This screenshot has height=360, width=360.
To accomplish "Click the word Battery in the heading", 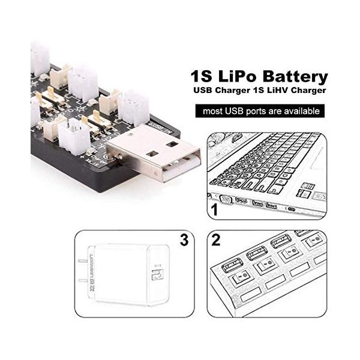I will [293, 77].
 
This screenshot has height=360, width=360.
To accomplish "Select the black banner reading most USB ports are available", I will [259, 111].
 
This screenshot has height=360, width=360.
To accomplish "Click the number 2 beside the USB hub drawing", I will [216, 241].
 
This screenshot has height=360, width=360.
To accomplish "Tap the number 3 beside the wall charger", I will [184, 241].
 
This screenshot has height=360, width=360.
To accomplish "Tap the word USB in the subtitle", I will [202, 91].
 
